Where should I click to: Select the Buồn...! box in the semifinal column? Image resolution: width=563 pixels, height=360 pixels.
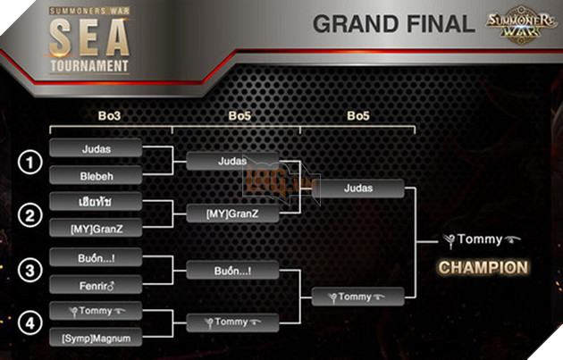tap(232, 270)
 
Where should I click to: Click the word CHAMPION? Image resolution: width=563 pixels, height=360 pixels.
tap(483, 267)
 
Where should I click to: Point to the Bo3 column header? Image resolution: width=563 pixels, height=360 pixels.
tap(109, 115)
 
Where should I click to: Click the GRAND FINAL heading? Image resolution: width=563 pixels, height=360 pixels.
tap(393, 25)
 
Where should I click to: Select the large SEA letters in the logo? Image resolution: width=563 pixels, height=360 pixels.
tap(89, 39)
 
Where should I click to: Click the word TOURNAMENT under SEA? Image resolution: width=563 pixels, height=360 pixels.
tap(89, 65)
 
